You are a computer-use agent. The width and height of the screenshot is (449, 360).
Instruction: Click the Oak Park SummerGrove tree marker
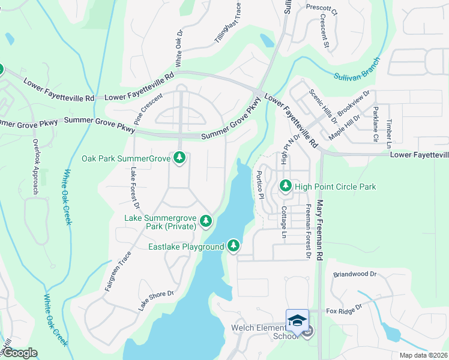(x=179, y=158)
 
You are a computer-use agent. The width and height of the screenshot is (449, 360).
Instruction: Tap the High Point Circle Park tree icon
(x=286, y=187)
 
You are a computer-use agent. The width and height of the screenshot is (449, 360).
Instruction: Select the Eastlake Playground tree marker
(x=233, y=245)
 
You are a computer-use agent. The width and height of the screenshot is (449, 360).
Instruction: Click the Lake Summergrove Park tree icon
(x=206, y=221)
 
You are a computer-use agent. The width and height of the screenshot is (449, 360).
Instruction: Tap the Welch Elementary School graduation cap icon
(x=297, y=320)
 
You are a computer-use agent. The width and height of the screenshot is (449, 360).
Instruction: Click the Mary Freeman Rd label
(x=320, y=230)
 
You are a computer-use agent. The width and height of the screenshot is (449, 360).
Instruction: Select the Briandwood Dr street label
(x=354, y=274)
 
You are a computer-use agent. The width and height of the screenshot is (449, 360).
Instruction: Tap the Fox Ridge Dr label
(x=345, y=309)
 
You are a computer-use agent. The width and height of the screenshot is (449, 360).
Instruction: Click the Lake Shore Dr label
(x=156, y=301)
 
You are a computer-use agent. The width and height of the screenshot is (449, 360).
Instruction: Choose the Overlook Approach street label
(x=36, y=167)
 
